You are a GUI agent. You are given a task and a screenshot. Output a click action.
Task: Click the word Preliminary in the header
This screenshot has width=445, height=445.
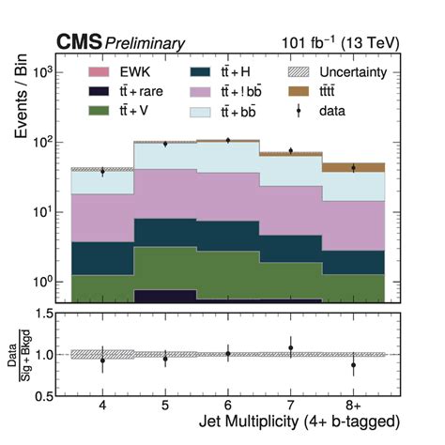click(145, 43)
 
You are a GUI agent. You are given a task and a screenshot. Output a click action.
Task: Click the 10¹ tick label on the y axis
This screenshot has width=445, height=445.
click(42, 212)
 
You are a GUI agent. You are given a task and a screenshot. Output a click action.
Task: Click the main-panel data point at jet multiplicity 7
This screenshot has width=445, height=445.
click(290, 150)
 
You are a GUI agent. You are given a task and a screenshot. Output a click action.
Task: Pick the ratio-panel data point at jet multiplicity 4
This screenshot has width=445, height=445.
click(102, 360)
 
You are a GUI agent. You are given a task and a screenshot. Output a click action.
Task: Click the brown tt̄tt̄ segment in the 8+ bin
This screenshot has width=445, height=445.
click(353, 167)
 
